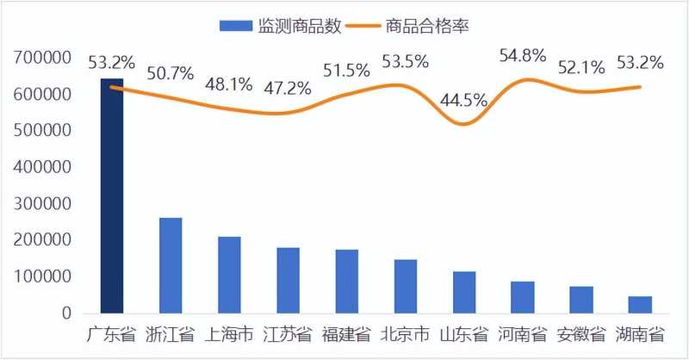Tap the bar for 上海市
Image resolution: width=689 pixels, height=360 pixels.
pos(229,275)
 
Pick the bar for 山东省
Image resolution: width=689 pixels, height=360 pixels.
pos(464,292)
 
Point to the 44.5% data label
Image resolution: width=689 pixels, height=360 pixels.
pos(463,99)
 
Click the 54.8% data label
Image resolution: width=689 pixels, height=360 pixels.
pos(523,55)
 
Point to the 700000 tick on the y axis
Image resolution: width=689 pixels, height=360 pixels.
pos(42,58)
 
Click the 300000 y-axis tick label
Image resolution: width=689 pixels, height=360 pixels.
pos(42,204)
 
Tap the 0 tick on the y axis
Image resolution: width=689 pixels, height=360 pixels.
pos(65,313)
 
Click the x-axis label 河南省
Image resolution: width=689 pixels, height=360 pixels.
pos(523,334)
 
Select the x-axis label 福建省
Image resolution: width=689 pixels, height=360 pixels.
pos(347,334)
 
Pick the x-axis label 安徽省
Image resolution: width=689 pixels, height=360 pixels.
pos(581,334)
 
